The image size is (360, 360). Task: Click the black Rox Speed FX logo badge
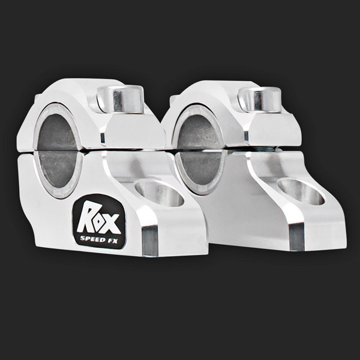tap(99, 222)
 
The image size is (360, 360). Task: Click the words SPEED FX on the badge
tap(99, 239)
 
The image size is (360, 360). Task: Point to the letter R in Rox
tap(85, 216)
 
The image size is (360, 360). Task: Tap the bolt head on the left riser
tap(121, 99)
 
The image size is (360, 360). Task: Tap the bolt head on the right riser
tap(260, 100)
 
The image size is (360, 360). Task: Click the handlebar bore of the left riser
tap(58, 151)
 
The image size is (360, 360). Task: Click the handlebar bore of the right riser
tap(200, 150)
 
